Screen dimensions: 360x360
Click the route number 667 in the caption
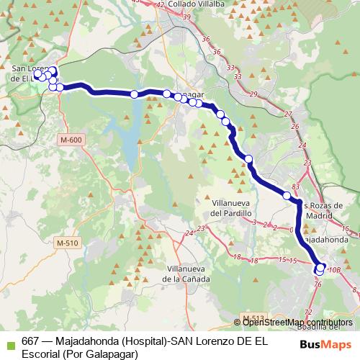(31, 341)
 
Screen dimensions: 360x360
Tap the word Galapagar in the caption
(109, 353)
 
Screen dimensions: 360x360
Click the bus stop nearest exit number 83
(287, 195)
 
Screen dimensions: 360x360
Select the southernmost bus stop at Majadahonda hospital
(319, 271)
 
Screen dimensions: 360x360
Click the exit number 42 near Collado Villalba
(161, 4)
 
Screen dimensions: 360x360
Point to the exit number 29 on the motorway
(253, 94)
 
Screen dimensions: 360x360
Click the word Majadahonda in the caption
(84, 341)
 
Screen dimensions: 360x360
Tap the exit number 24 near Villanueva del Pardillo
(189, 233)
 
